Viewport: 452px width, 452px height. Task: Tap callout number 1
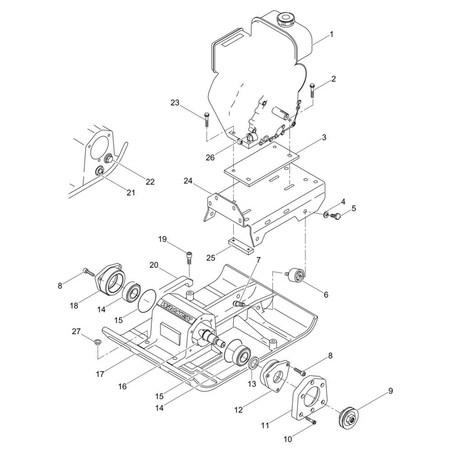[x=331, y=34]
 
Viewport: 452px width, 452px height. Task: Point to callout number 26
[x=210, y=158]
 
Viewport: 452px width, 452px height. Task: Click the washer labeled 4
[x=326, y=214]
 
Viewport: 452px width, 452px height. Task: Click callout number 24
[x=188, y=181]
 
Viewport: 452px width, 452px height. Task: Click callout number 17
[x=100, y=374]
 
